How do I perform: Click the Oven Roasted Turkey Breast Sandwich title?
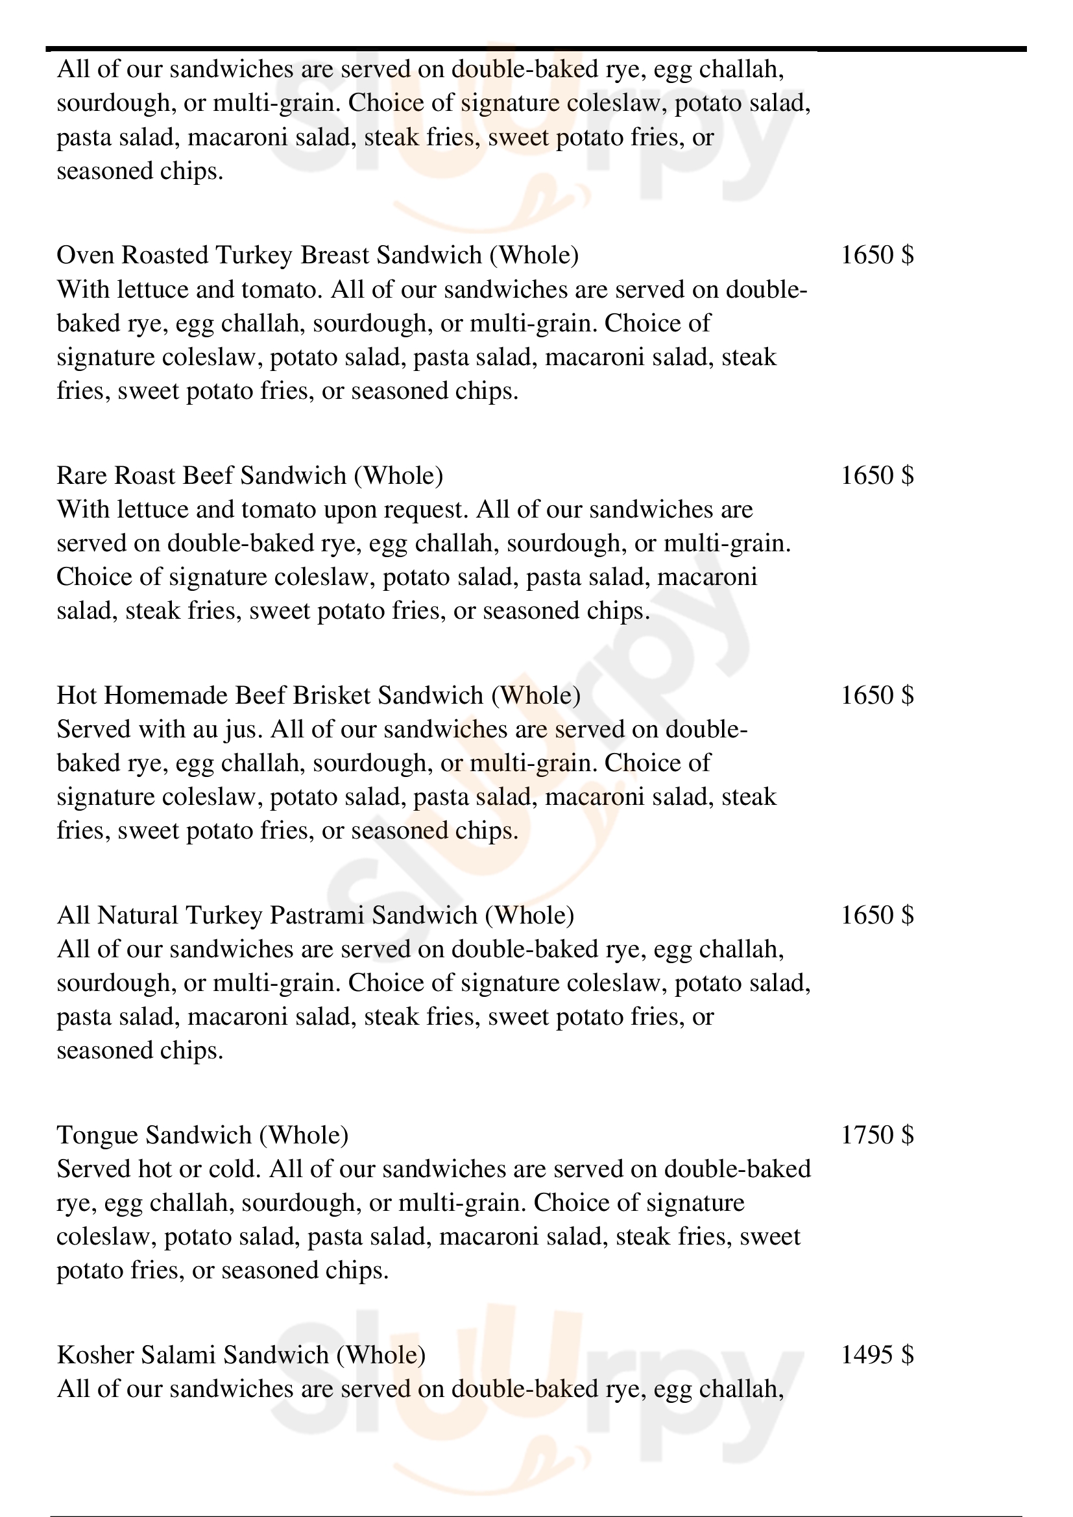click(317, 256)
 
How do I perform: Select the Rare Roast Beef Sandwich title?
click(250, 475)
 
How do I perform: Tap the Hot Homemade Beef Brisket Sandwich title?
click(319, 696)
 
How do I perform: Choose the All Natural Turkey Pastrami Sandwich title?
click(315, 916)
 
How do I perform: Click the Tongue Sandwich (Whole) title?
click(202, 1136)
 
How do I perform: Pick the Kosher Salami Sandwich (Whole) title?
click(241, 1356)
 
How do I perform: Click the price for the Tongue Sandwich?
click(877, 1136)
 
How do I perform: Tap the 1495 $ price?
click(877, 1356)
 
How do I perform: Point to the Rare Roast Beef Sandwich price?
click(877, 475)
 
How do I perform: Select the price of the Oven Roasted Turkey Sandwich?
click(877, 256)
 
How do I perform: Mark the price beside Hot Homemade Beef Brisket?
click(877, 696)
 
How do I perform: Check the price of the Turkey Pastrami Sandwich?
click(877, 916)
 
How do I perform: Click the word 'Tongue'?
click(98, 1136)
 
